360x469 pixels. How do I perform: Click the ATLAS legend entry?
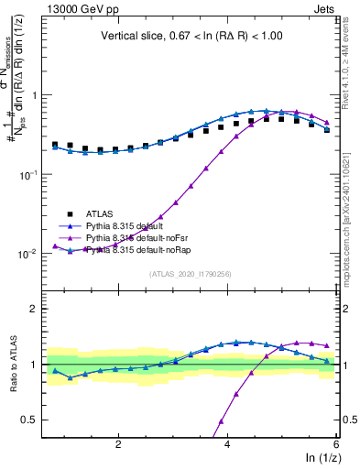coord(102,213)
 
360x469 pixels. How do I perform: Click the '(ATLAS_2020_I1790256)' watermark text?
coord(190,273)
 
